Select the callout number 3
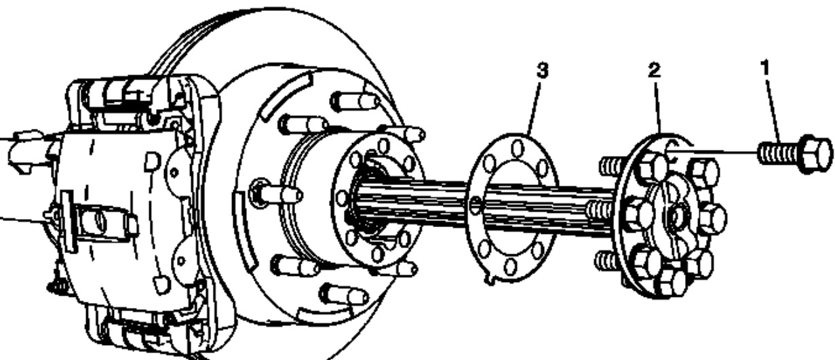[541, 71]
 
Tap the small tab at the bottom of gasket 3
[490, 279]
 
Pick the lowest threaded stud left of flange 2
[607, 260]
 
